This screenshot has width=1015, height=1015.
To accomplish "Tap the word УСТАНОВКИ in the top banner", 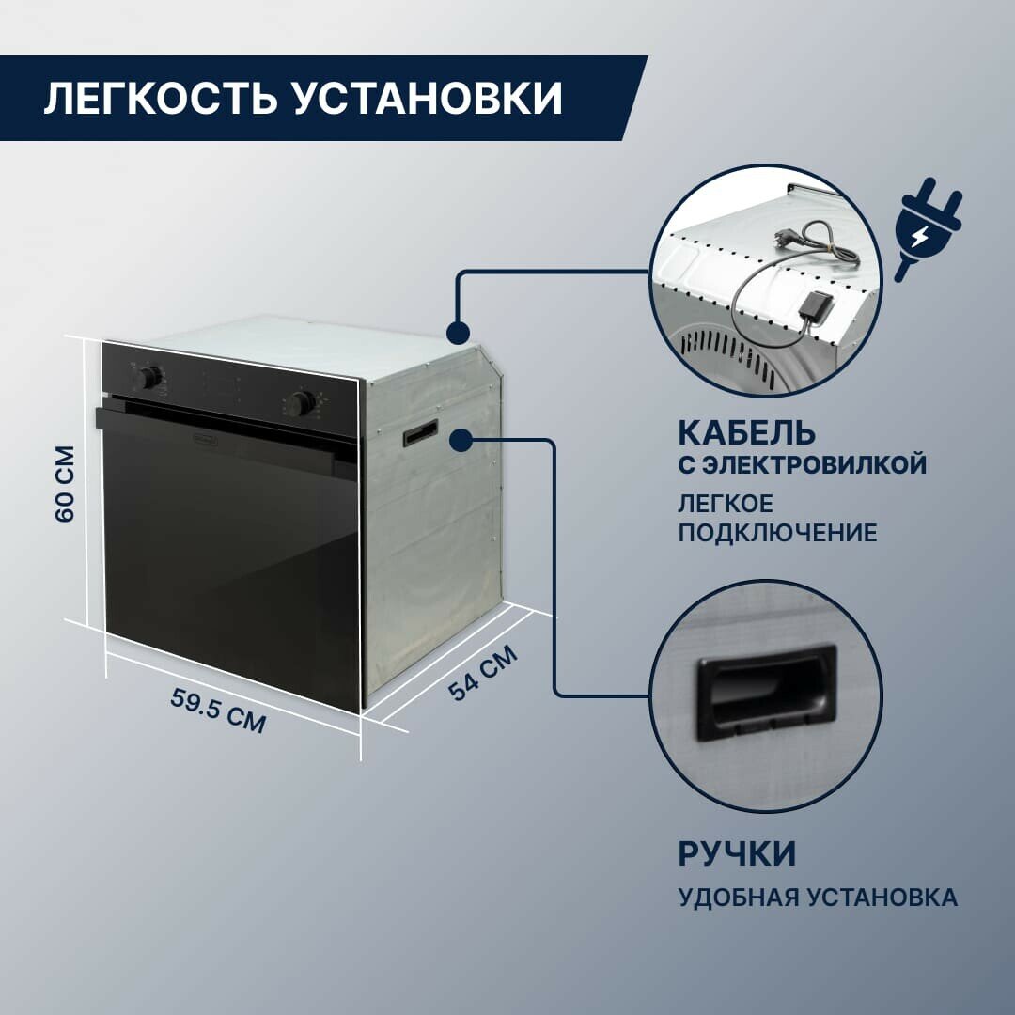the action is coord(428,99).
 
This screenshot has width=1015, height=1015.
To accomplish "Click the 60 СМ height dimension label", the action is coord(64,484).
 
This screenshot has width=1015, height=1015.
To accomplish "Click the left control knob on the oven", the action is coord(148,377).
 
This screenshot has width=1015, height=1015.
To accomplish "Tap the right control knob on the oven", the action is coord(300,404).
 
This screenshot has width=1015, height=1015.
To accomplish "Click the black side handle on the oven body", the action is coord(420,432).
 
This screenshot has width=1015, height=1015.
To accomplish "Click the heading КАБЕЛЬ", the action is coord(746,433).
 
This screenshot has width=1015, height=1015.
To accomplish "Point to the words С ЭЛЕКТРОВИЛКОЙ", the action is coord(803,465).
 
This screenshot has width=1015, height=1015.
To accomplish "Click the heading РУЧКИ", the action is coord(737,854).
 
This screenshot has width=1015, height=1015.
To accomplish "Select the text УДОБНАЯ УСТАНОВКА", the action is coord(818,898).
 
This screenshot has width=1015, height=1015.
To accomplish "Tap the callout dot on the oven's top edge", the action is coord(458,333).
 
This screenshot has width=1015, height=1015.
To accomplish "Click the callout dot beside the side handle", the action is coord(461,439).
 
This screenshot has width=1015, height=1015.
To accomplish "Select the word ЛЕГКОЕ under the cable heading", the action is coord(726,503).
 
